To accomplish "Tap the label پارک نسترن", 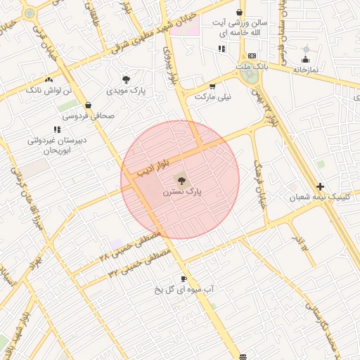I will (182, 191).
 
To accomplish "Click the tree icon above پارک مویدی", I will (126, 79).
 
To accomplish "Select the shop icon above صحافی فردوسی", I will (87, 105).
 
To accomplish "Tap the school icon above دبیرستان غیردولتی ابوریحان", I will (56, 129).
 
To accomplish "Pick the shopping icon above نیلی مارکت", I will (212, 86).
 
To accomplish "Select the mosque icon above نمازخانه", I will (305, 59).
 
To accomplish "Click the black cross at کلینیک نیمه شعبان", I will (321, 186).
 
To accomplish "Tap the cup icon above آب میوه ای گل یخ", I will (184, 278).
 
